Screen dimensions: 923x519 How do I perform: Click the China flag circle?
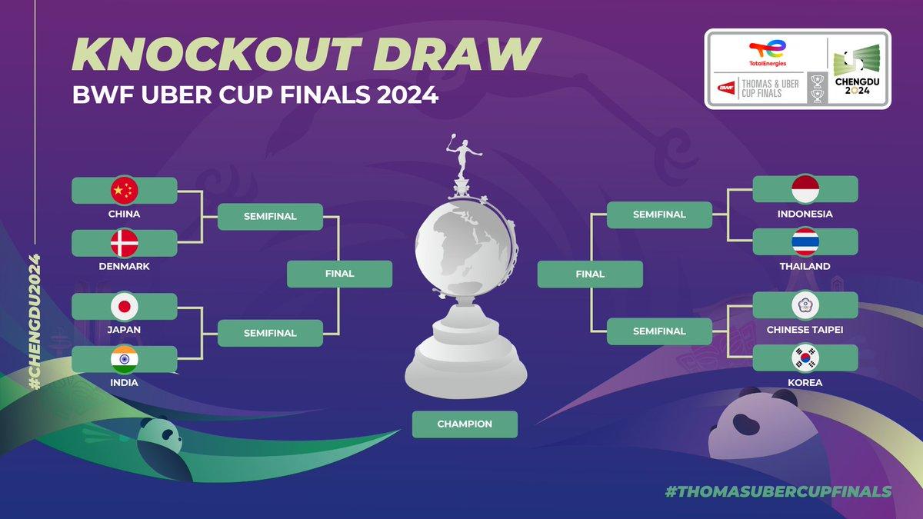coord(125,191)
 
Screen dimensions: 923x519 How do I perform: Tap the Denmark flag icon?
coord(125,243)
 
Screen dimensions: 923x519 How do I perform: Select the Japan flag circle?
coord(125,307)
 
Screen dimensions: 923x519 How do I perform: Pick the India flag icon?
coord(125,359)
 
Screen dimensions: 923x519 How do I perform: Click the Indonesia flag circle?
coord(805,189)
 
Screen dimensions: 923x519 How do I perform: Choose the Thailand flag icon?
coord(805,241)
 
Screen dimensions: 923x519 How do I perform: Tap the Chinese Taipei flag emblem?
coord(805,305)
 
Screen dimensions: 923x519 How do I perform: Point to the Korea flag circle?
coord(805,358)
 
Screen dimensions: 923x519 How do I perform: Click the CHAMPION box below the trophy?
coord(465,424)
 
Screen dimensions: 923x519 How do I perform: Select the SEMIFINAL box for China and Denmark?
coord(270,216)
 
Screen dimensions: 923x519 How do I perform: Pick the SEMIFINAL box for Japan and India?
coord(270,333)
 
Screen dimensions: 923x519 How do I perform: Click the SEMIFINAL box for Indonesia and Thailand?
coord(659,215)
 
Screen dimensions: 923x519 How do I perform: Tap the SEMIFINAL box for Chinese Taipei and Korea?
coord(659,331)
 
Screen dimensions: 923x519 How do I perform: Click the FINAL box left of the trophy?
coord(339,274)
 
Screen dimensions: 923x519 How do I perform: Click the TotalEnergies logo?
coord(768,53)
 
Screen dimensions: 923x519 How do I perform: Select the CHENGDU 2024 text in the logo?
coord(857,85)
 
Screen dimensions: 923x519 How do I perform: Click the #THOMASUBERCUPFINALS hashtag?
coord(778,491)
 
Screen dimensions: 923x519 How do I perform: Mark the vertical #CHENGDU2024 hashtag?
coord(35,321)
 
